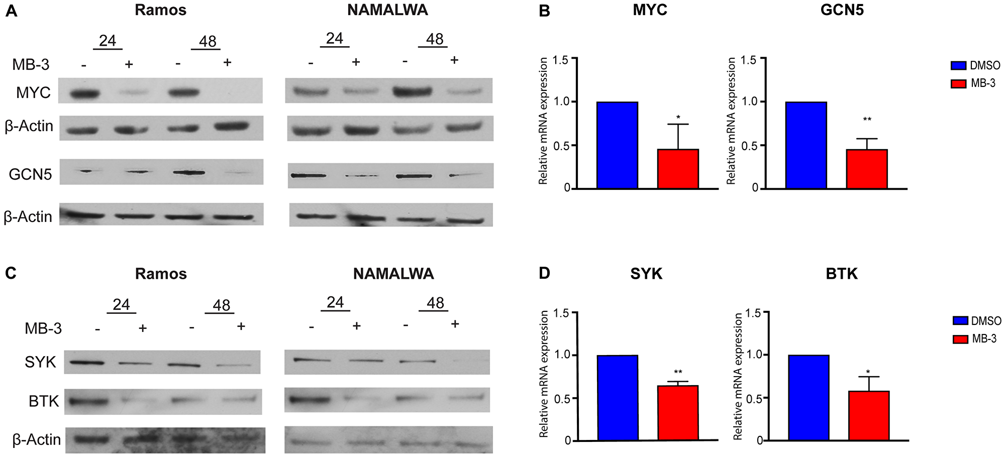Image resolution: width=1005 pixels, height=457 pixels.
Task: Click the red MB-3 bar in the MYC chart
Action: coord(678,169)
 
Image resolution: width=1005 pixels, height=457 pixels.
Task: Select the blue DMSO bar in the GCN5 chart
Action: coord(806,145)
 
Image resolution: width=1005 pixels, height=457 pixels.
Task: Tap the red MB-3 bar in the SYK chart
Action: coord(678,413)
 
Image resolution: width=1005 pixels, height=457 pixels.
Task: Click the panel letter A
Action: coord(11,12)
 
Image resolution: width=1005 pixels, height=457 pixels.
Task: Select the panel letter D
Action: coord(544,274)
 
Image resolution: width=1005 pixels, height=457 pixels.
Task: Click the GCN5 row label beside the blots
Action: coord(31,174)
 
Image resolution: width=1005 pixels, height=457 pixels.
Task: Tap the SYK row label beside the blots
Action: coord(40,362)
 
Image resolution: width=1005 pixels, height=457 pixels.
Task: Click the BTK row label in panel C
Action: coord(44,401)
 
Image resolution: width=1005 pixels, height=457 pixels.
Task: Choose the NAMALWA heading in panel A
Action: coord(387,11)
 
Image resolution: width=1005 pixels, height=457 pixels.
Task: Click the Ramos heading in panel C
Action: coord(161,274)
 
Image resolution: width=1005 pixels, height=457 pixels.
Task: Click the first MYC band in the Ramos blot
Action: coord(83,93)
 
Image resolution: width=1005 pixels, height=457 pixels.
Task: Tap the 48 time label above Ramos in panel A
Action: coord(208,41)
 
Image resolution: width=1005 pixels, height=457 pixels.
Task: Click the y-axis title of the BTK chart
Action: coord(738,377)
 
